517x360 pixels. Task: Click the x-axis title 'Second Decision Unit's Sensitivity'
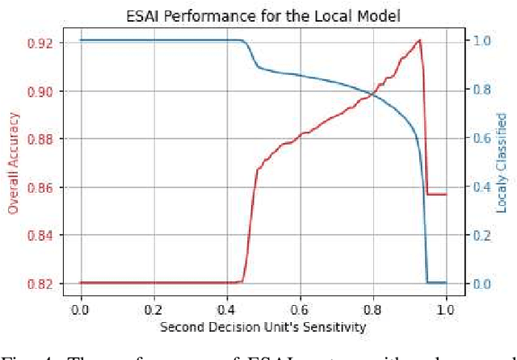point(263,327)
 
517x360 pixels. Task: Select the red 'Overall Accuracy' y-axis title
point(13,162)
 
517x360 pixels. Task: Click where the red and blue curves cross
point(372,94)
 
